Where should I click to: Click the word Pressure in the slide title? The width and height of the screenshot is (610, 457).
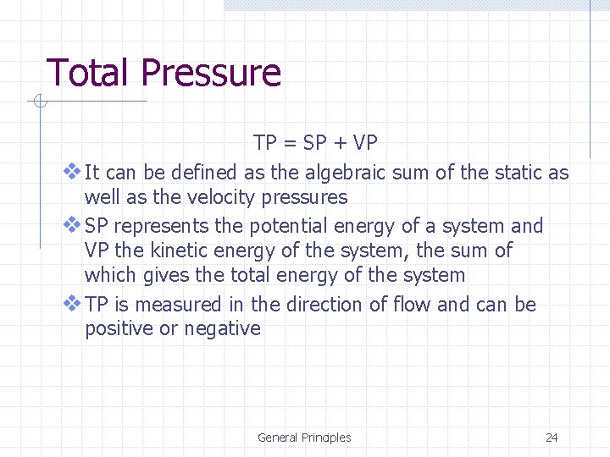point(211,73)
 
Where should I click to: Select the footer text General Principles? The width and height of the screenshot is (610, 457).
point(304,438)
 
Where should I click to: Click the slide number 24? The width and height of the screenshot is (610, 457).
point(552,438)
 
